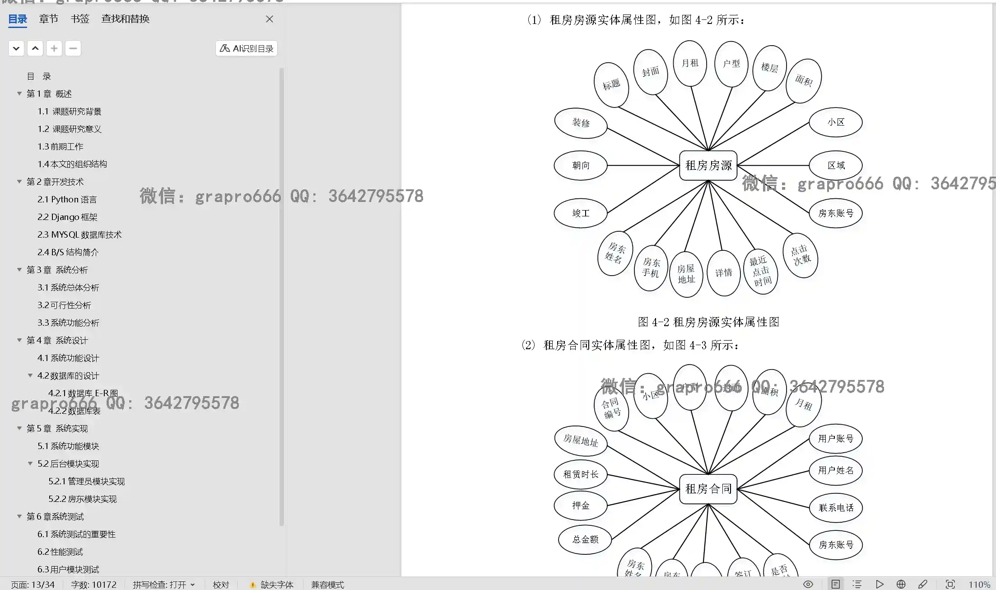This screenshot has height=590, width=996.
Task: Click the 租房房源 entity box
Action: [708, 165]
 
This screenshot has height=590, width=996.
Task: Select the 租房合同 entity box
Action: [708, 489]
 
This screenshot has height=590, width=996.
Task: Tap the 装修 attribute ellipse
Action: [581, 123]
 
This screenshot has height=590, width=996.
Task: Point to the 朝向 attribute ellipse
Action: [581, 166]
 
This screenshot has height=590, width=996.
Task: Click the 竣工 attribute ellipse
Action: [581, 213]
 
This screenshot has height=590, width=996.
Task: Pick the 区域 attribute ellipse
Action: [836, 165]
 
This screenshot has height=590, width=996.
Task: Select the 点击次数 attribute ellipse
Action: [801, 255]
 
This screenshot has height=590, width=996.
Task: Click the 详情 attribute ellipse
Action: [723, 273]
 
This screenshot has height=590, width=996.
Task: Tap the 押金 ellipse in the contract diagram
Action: [581, 506]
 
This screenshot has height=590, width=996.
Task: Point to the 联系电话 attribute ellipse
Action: [836, 508]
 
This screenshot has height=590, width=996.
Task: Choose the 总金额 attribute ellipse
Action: [585, 539]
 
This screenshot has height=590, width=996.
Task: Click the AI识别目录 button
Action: [247, 48]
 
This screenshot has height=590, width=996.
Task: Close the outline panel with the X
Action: [270, 19]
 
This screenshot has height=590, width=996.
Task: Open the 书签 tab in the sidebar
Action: [80, 19]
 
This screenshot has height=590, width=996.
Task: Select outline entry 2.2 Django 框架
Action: [67, 217]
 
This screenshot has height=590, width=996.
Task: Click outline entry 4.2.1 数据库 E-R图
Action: [83, 393]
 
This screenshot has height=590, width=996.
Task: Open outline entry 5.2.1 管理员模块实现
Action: [86, 482]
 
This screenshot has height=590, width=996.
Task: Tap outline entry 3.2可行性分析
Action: [64, 305]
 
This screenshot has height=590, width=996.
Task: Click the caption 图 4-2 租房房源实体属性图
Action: [708, 322]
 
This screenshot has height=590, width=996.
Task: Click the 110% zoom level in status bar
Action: [979, 585]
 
